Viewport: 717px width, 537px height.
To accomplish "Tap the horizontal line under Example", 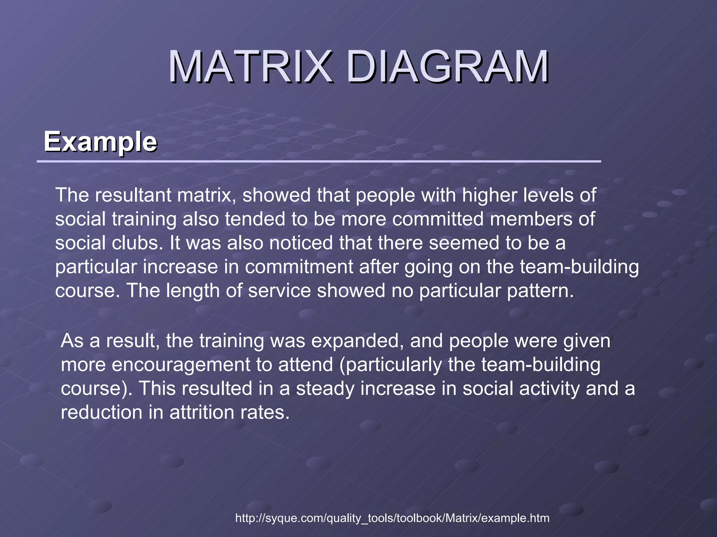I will click(319, 162).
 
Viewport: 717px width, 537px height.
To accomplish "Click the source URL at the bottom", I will click(392, 518).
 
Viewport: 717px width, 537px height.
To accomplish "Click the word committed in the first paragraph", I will click(438, 219).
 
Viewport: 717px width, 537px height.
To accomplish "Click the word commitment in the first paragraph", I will click(299, 267).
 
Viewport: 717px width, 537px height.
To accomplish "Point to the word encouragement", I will click(181, 365).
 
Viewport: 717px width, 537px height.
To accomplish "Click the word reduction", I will click(102, 413).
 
